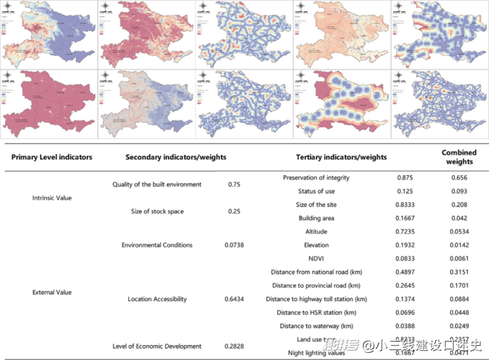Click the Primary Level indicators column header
(x=52, y=157)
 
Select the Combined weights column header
(x=459, y=157)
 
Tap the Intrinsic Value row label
(x=52, y=198)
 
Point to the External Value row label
(x=52, y=292)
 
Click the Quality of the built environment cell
(x=157, y=184)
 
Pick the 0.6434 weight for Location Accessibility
(x=235, y=299)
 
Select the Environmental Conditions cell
(x=157, y=245)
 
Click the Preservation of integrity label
(x=316, y=178)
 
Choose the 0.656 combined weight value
(x=459, y=178)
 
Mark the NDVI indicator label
(x=316, y=259)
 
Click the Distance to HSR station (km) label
(x=316, y=313)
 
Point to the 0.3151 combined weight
(x=459, y=272)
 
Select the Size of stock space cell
(x=157, y=211)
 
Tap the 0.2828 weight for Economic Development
(x=235, y=346)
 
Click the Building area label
(x=316, y=218)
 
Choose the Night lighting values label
(x=316, y=353)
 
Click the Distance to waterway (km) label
(x=316, y=326)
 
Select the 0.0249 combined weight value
(x=459, y=326)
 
